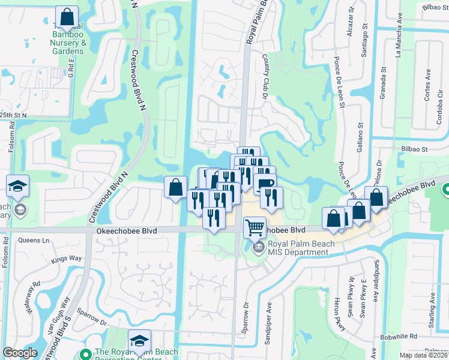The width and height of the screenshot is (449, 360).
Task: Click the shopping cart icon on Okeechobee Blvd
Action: coord(255,227)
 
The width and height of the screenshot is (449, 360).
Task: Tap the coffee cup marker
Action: coord(264,182)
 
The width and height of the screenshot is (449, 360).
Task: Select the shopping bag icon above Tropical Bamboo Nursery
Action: coord(67,16)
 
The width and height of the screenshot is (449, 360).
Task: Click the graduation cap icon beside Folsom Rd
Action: coord(18,186)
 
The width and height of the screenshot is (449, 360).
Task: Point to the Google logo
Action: coord(19,353)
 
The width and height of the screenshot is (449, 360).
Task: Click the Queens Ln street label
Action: coord(34,240)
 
